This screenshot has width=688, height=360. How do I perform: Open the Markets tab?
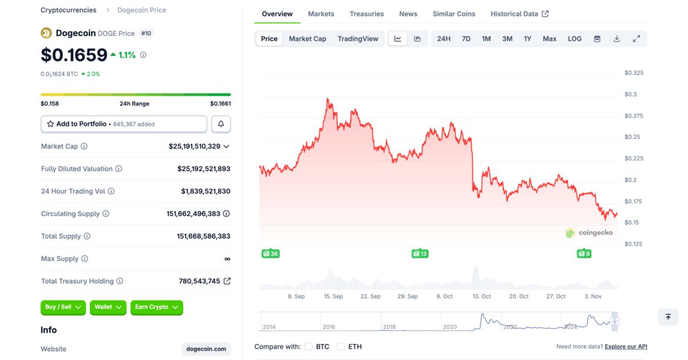coord(321,14)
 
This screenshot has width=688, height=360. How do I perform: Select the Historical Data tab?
coord(519,14)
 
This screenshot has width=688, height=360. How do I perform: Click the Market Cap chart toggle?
coord(308,39)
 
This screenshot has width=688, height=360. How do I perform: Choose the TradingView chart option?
coord(358,39)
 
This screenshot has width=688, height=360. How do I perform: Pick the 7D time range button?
coord(466,39)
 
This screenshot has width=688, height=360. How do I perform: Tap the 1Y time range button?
coord(527,39)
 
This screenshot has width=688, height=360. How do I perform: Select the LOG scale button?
coord(575,39)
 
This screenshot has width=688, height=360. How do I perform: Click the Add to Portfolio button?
coord(124,124)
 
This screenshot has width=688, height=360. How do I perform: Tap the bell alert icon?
coord(221,124)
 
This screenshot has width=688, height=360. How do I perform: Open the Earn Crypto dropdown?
coord(156,307)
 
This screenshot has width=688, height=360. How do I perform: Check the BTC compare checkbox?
coord(309,346)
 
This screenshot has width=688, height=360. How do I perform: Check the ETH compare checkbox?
coord(341,346)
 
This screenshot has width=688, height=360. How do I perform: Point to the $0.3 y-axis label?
coord(630,94)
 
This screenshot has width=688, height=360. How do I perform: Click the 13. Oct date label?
coord(482,296)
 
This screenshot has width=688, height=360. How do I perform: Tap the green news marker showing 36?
coord(270,254)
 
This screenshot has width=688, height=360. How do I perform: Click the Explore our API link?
coord(626,346)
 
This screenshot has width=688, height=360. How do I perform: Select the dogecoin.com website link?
coord(206,349)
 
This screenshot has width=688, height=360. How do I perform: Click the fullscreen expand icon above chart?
coord(636,39)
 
